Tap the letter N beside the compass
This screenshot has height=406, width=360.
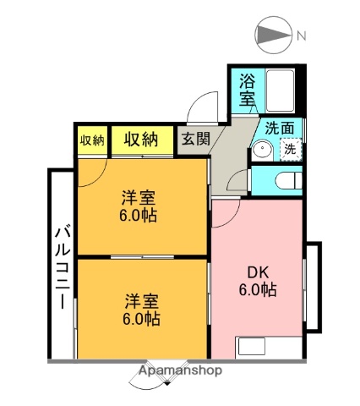[301, 36]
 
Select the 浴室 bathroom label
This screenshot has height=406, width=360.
[247, 90]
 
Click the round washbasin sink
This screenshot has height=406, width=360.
[261, 151]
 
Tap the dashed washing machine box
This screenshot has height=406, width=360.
[290, 149]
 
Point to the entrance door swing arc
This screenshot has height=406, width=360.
[199, 109]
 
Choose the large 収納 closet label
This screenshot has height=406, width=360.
[141, 140]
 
